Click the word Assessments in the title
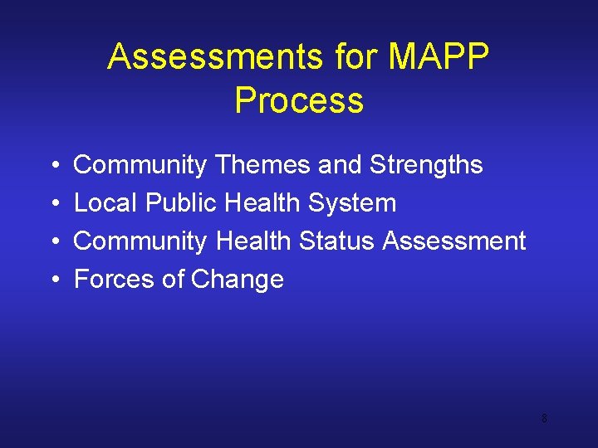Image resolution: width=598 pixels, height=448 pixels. click(x=214, y=57)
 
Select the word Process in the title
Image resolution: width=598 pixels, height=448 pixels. click(x=299, y=100)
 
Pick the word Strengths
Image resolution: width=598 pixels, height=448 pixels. click(x=426, y=165)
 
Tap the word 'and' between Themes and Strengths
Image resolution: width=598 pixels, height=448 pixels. click(x=341, y=165)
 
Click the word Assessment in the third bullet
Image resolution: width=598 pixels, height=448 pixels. click(x=454, y=241)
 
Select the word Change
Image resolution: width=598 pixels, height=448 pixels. click(x=238, y=280)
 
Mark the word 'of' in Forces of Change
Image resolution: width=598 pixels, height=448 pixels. click(x=173, y=280)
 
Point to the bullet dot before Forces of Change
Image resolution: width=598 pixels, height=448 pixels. click(x=52, y=280)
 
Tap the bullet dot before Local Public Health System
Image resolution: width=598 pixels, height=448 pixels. click(x=52, y=204)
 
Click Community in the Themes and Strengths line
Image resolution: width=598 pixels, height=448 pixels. click(x=140, y=165)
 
